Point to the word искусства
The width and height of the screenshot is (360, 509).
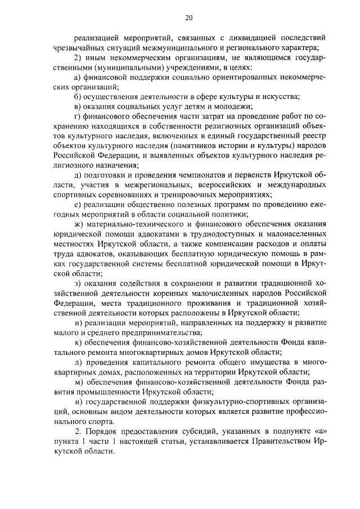click(280, 97)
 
